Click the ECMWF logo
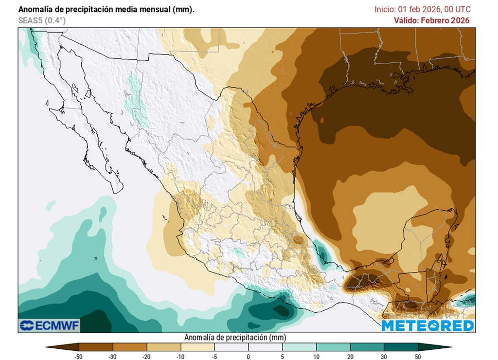[x=49, y=324]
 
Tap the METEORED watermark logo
[x=427, y=325]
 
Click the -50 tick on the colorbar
[x=79, y=357]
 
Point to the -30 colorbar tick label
[x=113, y=357]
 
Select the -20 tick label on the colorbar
[x=147, y=357]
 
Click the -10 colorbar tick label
[x=180, y=357]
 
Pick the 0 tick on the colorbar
[x=249, y=357]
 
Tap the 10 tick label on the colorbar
[x=316, y=357]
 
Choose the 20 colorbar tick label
[x=350, y=357]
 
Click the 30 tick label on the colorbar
[x=384, y=357]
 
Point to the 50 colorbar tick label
[x=418, y=357]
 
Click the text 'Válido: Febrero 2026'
[x=431, y=20]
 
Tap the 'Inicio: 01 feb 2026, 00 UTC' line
[x=423, y=9]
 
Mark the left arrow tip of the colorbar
[x=46, y=347]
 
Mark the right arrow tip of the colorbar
[x=451, y=347]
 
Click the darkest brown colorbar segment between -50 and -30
[x=96, y=347]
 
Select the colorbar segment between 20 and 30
[x=367, y=347]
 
